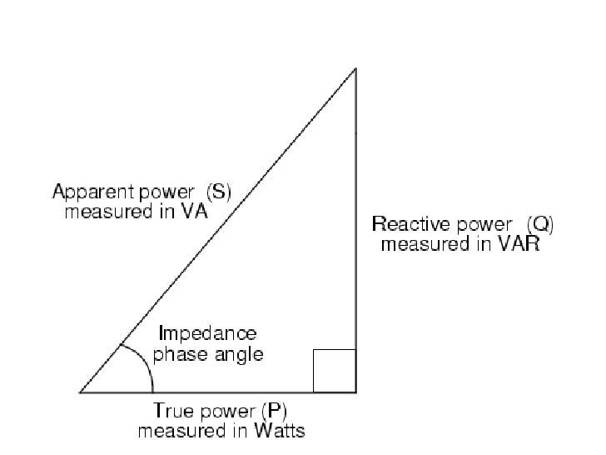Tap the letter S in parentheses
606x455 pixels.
pos(218,192)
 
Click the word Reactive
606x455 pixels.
pos(405,224)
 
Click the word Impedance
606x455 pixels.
pos(207,333)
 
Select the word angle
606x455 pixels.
pos(238,354)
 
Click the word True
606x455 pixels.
pos(171,410)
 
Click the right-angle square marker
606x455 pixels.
pos(335,370)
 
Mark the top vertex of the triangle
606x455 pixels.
pos(355,69)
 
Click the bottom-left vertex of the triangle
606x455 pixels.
pos(81,391)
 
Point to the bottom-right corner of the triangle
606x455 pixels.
pos(355,391)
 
